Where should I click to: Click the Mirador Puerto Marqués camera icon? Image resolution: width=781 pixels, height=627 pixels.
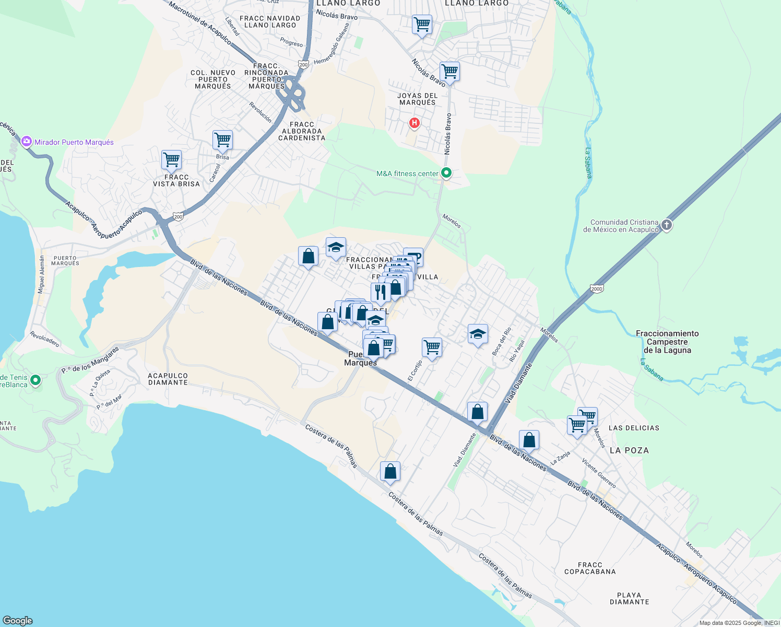26,142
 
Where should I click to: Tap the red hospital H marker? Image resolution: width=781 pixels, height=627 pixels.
415,123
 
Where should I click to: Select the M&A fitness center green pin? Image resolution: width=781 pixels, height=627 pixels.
446,173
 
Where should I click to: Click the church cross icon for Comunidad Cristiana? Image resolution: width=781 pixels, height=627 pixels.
666,225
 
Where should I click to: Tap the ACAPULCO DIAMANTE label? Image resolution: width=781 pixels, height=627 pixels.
168,379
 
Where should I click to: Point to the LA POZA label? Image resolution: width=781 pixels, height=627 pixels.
629,450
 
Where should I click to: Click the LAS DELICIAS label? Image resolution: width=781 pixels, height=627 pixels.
634,428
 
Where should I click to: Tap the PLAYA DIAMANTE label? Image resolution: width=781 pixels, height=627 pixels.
629,598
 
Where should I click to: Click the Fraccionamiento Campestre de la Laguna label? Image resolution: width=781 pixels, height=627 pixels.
667,342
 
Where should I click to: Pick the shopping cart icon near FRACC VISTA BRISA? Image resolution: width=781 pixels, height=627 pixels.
171,160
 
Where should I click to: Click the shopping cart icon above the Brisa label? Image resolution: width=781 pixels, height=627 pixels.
222,140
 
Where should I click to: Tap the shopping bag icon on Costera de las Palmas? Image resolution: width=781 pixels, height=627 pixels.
390,472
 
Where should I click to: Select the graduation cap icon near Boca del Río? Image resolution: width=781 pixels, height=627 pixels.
477,334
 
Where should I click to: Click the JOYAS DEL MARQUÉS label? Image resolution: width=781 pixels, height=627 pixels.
417,99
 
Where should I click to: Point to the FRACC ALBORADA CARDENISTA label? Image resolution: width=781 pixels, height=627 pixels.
302,131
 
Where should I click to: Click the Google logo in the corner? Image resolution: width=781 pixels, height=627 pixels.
18,620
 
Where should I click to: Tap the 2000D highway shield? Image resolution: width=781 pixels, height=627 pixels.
596,288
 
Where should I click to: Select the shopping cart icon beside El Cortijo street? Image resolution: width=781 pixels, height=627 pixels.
432,347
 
